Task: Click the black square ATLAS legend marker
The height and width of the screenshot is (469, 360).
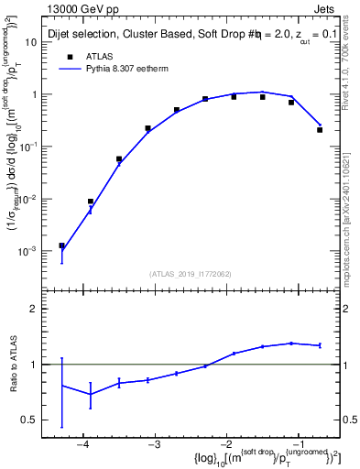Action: click(67, 58)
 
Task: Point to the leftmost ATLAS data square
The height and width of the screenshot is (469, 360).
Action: click(61, 245)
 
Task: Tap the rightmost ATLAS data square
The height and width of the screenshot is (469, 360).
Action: click(320, 130)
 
